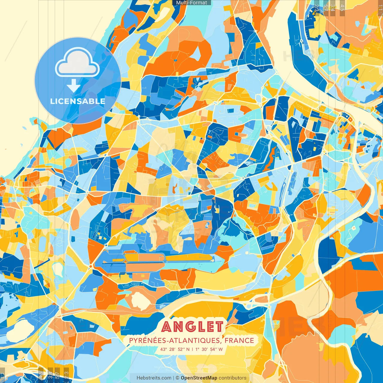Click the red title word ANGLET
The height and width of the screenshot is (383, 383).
[193, 327]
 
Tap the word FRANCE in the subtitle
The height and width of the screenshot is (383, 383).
[239, 341]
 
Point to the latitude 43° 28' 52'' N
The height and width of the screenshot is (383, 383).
[175, 349]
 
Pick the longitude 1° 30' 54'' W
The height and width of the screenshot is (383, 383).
[209, 349]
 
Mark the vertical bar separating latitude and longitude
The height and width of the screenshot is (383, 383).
[192, 349]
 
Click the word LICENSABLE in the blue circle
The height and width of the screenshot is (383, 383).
[78, 101]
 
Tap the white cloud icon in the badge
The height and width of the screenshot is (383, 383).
[77, 64]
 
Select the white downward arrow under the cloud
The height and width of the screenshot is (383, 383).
[73, 86]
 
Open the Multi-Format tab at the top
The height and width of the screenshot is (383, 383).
[191, 3]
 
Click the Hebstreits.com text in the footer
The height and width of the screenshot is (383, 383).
[154, 378]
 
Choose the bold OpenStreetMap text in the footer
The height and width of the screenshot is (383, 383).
[199, 378]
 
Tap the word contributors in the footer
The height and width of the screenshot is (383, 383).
[232, 378]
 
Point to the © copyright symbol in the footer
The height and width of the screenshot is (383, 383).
[177, 378]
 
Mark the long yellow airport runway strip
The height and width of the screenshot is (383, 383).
[189, 257]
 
